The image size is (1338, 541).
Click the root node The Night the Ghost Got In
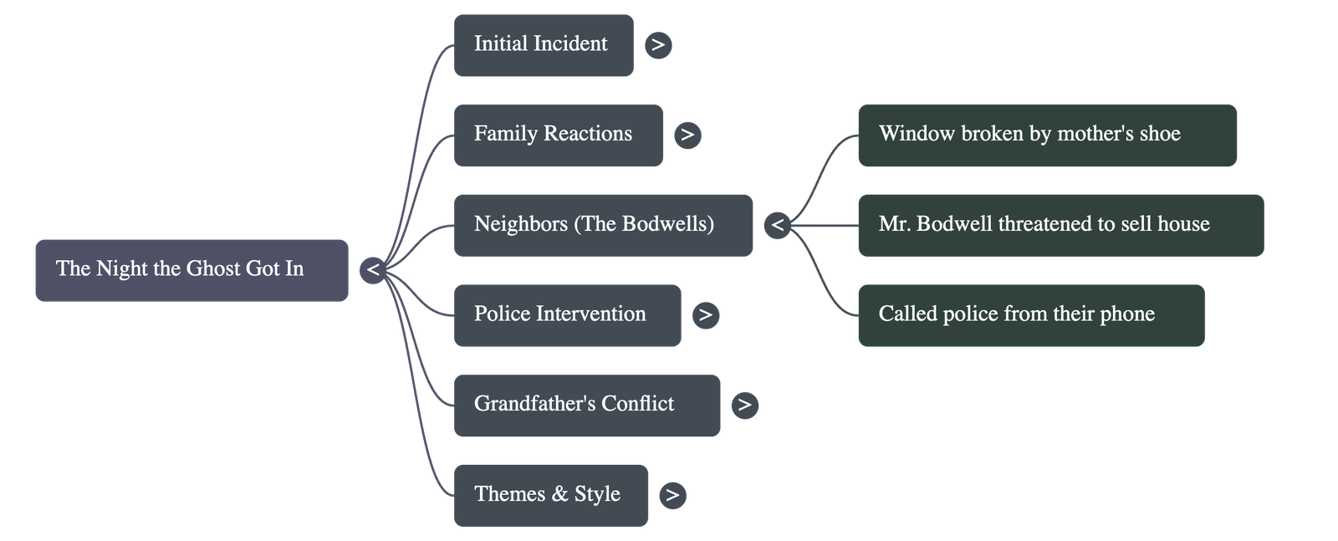point(192,270)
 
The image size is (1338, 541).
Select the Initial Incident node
point(544,45)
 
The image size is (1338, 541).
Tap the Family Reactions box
point(558,135)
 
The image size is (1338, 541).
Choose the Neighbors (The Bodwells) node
point(603,225)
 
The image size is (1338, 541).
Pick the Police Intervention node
point(567,315)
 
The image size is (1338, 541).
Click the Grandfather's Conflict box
point(586,406)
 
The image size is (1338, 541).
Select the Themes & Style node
point(551,495)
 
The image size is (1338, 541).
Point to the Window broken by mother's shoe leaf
point(1047,135)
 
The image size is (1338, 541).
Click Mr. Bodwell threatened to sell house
point(1060,225)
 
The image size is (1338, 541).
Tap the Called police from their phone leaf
point(1030,315)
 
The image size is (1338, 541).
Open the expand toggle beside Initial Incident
point(658,45)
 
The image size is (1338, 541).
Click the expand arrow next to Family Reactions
point(687,135)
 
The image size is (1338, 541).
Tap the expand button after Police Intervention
point(706,315)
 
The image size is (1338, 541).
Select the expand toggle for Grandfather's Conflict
point(744,406)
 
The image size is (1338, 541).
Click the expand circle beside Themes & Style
point(672,495)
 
